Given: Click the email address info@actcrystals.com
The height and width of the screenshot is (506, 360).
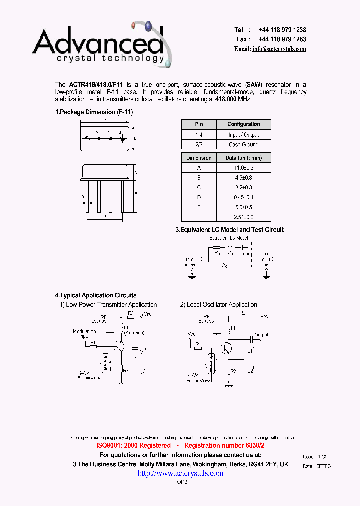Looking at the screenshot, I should point(279,49).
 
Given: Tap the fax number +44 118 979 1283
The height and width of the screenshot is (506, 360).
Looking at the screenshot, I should point(282,39).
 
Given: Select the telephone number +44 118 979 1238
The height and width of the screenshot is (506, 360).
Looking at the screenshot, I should point(282,30).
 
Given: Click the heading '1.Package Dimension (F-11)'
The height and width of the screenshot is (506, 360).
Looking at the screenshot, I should point(94,112).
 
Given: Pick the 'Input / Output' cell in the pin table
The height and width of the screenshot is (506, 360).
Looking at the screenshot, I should point(243,134).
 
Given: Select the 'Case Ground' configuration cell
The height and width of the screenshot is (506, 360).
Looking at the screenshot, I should point(243,144).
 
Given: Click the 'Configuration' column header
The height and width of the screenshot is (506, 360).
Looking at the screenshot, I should point(243,124).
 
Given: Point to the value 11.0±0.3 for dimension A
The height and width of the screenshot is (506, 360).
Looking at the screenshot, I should point(243,168).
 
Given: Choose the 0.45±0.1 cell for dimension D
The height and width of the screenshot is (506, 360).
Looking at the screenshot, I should point(243,197).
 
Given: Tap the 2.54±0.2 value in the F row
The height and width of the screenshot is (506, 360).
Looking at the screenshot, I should point(243,217).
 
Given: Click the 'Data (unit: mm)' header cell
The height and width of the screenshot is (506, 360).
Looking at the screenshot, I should point(243,158).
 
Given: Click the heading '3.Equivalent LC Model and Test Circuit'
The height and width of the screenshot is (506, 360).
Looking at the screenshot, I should point(229,230).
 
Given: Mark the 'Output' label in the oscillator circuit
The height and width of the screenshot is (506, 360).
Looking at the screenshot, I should point(261,335).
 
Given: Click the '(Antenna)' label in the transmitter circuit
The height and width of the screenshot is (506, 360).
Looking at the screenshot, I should point(134,333).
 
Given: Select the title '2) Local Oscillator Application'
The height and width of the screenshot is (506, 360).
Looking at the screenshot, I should point(218,304).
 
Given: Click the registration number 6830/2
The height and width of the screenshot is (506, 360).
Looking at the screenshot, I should point(253,445).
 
